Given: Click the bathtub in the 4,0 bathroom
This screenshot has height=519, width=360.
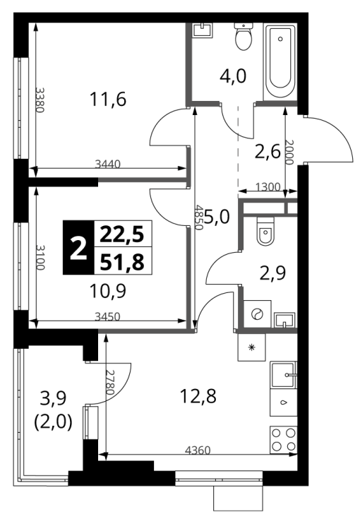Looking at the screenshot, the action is [280, 61].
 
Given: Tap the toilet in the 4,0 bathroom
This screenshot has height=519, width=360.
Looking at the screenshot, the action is [244, 37].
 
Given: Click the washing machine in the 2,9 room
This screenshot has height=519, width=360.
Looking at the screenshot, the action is [258, 314].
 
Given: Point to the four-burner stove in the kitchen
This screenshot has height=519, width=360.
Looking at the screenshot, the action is [284, 440].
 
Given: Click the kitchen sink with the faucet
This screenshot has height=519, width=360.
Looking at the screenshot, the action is [284, 375].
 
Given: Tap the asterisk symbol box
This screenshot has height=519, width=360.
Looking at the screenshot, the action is [252, 347].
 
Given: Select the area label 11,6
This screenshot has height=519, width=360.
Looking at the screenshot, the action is [108, 99].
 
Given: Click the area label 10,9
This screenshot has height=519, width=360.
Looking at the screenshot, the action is [108, 292].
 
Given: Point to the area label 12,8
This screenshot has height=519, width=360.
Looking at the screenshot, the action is [198, 396].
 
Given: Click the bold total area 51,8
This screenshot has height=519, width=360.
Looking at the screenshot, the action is [122, 263].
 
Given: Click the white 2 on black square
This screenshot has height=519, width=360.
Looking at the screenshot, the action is [79, 248].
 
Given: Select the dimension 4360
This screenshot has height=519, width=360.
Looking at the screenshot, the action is [198, 451].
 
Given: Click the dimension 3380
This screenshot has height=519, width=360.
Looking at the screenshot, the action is [40, 100].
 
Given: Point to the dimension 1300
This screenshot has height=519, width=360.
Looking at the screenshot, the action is [268, 187].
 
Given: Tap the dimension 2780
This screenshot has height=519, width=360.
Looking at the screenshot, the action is [109, 381].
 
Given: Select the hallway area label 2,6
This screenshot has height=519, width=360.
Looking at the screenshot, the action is [268, 152].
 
